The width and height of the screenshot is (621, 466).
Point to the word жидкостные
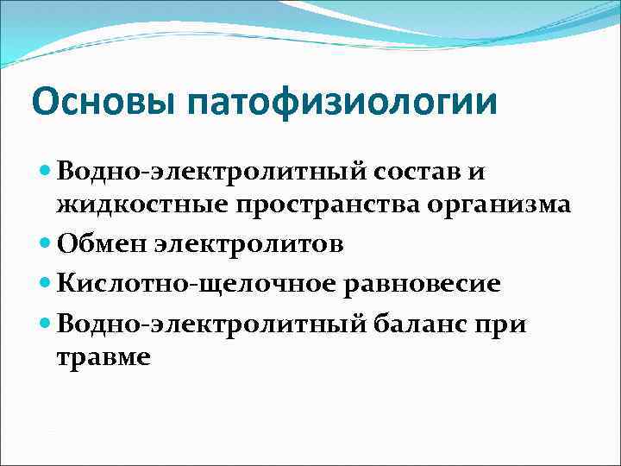[142, 205]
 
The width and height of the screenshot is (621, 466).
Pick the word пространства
[336, 205]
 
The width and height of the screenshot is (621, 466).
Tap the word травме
[103, 356]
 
